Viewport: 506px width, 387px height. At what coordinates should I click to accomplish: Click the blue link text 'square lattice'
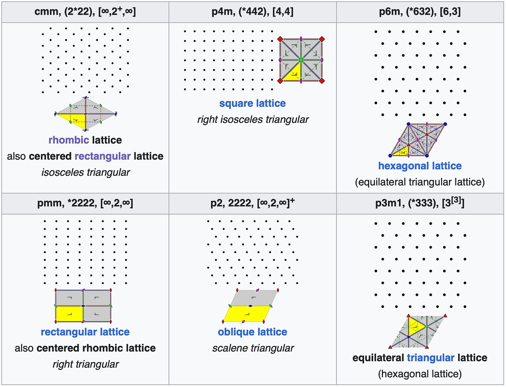point(252,103)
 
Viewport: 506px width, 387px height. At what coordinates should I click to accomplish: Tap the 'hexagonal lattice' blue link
point(420,166)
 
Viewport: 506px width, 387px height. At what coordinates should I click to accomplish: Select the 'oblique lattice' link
point(252,332)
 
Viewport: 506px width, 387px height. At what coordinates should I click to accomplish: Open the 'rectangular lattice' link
point(85,332)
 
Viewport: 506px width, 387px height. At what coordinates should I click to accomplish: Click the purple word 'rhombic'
point(69,140)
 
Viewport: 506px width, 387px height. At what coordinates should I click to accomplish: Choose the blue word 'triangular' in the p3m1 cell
point(431,358)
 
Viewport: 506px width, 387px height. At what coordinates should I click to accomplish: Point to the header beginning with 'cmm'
point(85,12)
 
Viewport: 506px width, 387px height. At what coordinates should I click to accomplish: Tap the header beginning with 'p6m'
point(420,12)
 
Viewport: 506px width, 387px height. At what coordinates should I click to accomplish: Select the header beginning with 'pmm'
point(85,203)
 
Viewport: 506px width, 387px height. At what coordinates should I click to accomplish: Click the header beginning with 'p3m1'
point(420,203)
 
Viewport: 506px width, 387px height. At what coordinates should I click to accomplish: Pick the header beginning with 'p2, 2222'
point(252,203)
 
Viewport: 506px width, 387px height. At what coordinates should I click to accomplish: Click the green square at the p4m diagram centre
point(301,60)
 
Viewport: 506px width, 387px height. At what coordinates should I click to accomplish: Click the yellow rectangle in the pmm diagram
point(70,314)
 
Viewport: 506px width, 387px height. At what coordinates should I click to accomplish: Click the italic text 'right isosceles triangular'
point(253,120)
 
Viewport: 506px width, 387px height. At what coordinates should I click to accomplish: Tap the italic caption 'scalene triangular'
point(253,348)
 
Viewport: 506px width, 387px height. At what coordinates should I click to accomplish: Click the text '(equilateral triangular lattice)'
point(420,182)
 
